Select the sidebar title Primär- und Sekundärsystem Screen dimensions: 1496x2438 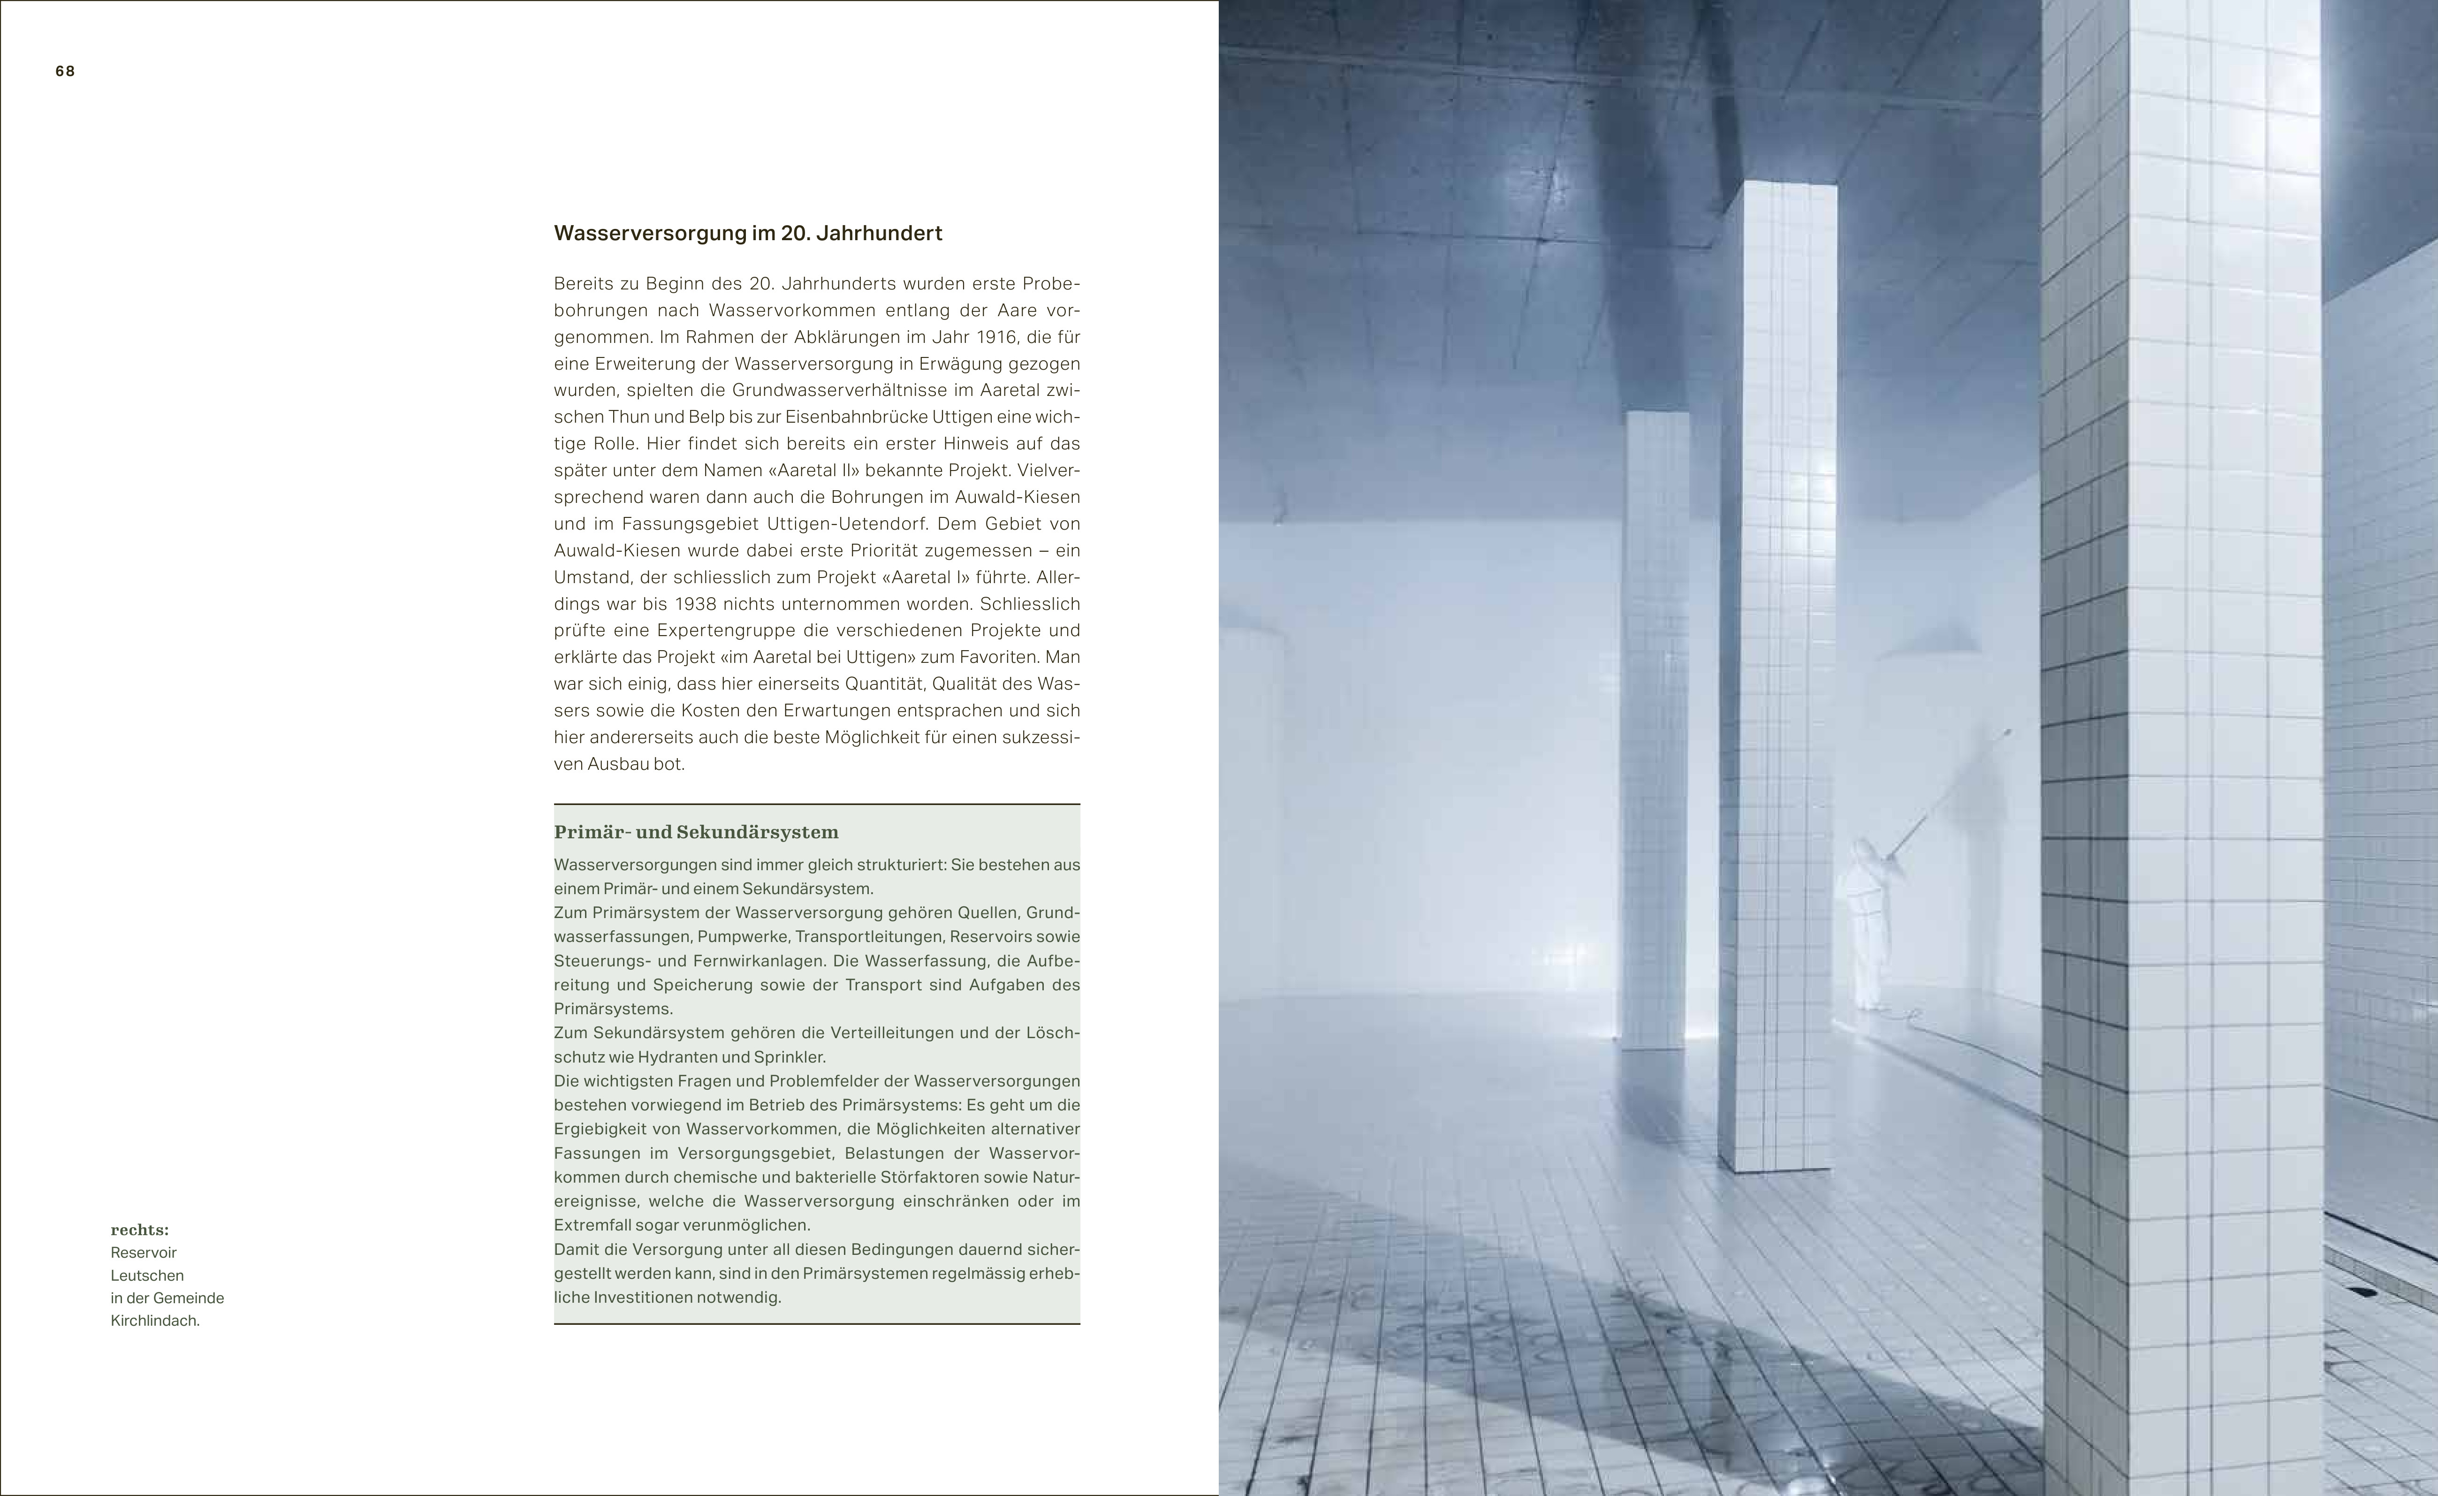[x=696, y=832]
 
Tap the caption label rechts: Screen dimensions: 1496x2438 [x=139, y=1230]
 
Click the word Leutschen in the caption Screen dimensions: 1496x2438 [x=147, y=1276]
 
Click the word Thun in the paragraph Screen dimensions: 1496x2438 [x=629, y=417]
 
